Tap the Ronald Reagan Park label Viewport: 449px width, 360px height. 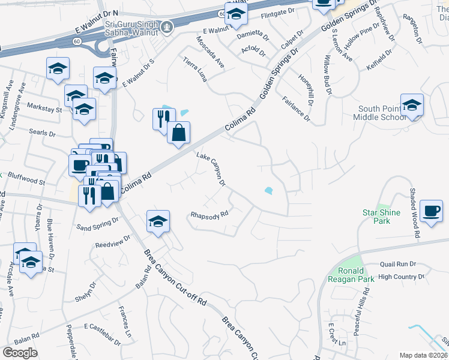click(351, 274)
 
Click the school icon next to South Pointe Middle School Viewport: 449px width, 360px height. click(412, 106)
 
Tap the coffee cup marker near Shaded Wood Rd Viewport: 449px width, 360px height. click(432, 211)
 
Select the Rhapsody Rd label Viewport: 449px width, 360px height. click(209, 214)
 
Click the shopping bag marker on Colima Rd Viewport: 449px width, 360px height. click(178, 133)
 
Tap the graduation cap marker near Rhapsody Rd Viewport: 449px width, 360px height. click(158, 222)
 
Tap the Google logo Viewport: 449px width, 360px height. click(20, 353)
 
